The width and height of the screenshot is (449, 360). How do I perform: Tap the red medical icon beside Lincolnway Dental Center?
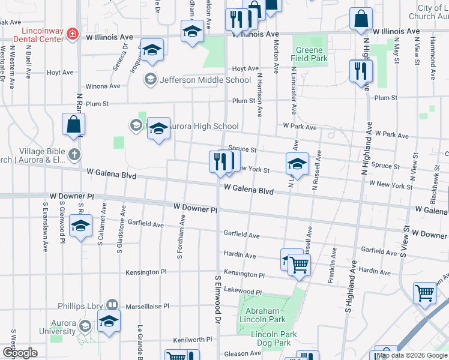[x=73, y=34]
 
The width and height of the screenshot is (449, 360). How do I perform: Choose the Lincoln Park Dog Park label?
[x=271, y=338]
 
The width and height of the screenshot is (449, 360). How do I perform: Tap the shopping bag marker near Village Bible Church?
[x=73, y=125]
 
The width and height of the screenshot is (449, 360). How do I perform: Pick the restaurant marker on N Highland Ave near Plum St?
[x=360, y=71]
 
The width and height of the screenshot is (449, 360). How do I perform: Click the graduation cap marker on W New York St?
[x=297, y=163]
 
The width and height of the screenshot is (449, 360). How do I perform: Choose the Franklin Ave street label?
[x=331, y=268]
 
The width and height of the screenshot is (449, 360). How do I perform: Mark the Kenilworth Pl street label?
[x=193, y=339]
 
